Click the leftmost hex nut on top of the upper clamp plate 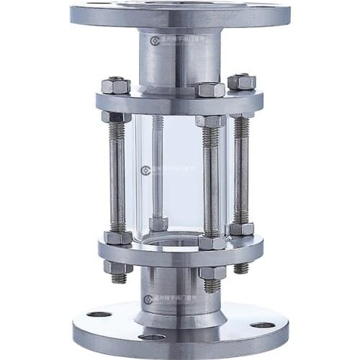coord(116,86)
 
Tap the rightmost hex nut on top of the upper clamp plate coord(242,81)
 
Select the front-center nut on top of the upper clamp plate coord(210,90)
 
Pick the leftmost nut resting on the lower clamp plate coord(117,237)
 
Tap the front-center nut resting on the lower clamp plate coord(212,243)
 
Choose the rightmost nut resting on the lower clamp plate coord(241,229)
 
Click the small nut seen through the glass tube coord(158,224)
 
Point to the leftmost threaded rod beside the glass coord(117,176)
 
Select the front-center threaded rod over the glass coord(211,180)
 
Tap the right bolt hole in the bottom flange coord(262,325)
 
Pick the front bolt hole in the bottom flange coord(152,336)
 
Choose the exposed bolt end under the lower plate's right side coord(241,267)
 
